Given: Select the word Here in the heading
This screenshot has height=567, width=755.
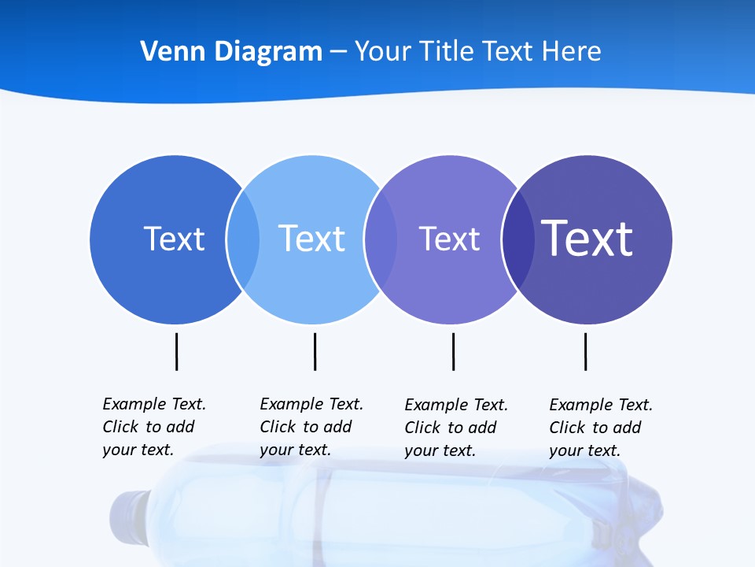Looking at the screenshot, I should tap(572, 52).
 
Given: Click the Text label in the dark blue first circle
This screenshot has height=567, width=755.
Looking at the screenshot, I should tap(174, 239).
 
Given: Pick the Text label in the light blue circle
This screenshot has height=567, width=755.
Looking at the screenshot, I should tap(311, 239).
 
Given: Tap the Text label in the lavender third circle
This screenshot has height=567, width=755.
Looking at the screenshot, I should tap(449, 239).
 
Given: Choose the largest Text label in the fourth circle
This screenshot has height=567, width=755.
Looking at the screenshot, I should tap(587, 239).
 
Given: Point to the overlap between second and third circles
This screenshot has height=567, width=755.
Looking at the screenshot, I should tap(381, 239).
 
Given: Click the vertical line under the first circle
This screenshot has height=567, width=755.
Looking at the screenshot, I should tap(176, 351).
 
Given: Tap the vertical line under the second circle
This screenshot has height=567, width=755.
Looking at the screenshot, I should tap(315, 351).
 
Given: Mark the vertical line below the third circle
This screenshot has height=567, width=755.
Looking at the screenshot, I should tap(453, 351).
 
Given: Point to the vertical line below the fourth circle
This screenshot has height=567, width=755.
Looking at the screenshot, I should tap(585, 351).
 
